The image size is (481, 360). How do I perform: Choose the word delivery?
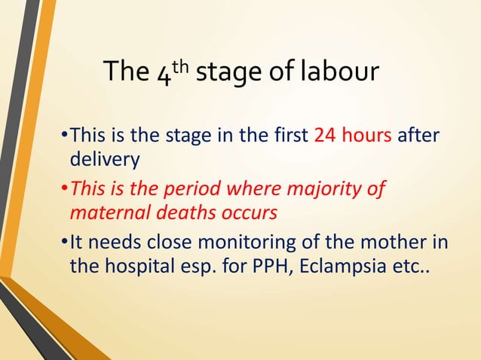click(99, 161)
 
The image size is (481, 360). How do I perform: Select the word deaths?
click(177, 212)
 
